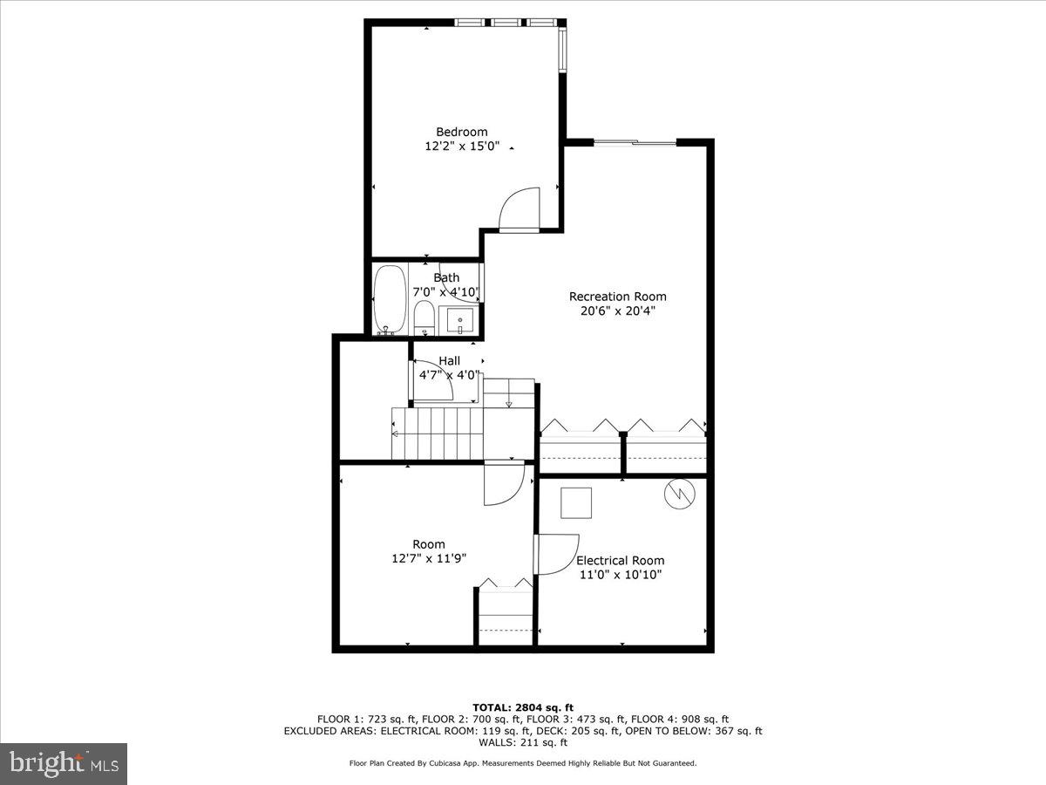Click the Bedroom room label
pyautogui.click(x=461, y=132)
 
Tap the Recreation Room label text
pyautogui.click(x=617, y=297)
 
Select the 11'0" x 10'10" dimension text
pyautogui.click(x=620, y=575)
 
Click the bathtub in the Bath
pyautogui.click(x=389, y=299)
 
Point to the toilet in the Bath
pyautogui.click(x=424, y=317)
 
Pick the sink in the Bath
pyautogui.click(x=459, y=320)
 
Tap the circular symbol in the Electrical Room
pyautogui.click(x=679, y=495)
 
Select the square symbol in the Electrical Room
pyautogui.click(x=576, y=503)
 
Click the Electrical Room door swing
pyautogui.click(x=555, y=555)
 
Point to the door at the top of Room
pyautogui.click(x=504, y=482)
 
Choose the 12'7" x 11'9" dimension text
pyautogui.click(x=428, y=558)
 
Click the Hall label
pyautogui.click(x=449, y=361)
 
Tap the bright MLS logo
pyautogui.click(x=64, y=764)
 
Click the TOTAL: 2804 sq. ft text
pyautogui.click(x=522, y=707)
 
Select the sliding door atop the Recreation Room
pyautogui.click(x=635, y=142)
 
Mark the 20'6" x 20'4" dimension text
pyautogui.click(x=617, y=311)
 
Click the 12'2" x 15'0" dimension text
pyautogui.click(x=461, y=147)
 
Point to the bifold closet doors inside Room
pyautogui.click(x=505, y=583)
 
